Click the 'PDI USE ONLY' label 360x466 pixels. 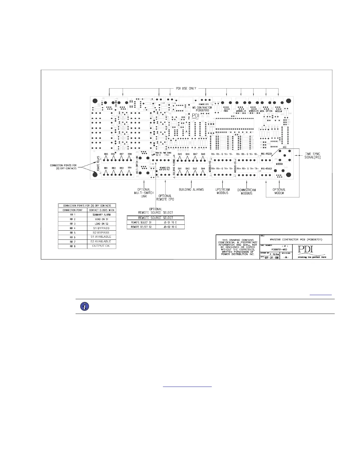point(184,88)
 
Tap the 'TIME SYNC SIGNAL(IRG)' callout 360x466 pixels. point(312,155)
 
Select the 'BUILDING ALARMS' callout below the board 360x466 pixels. point(191,189)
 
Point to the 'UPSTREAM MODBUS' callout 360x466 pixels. point(222,191)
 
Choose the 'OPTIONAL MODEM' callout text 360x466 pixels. point(279,191)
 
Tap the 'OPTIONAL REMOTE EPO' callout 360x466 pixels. point(165,197)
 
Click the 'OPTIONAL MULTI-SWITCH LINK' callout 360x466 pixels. point(144,193)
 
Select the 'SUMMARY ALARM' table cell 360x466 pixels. point(101,215)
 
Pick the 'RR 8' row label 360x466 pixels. point(73,246)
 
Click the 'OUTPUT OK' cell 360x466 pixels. point(101,246)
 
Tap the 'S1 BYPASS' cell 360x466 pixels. point(101,228)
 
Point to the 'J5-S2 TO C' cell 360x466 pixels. point(170,227)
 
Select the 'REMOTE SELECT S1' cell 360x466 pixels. point(141,223)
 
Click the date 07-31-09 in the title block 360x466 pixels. point(271,257)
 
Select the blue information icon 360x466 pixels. point(85,307)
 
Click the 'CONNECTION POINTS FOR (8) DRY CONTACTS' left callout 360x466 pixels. point(64,167)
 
